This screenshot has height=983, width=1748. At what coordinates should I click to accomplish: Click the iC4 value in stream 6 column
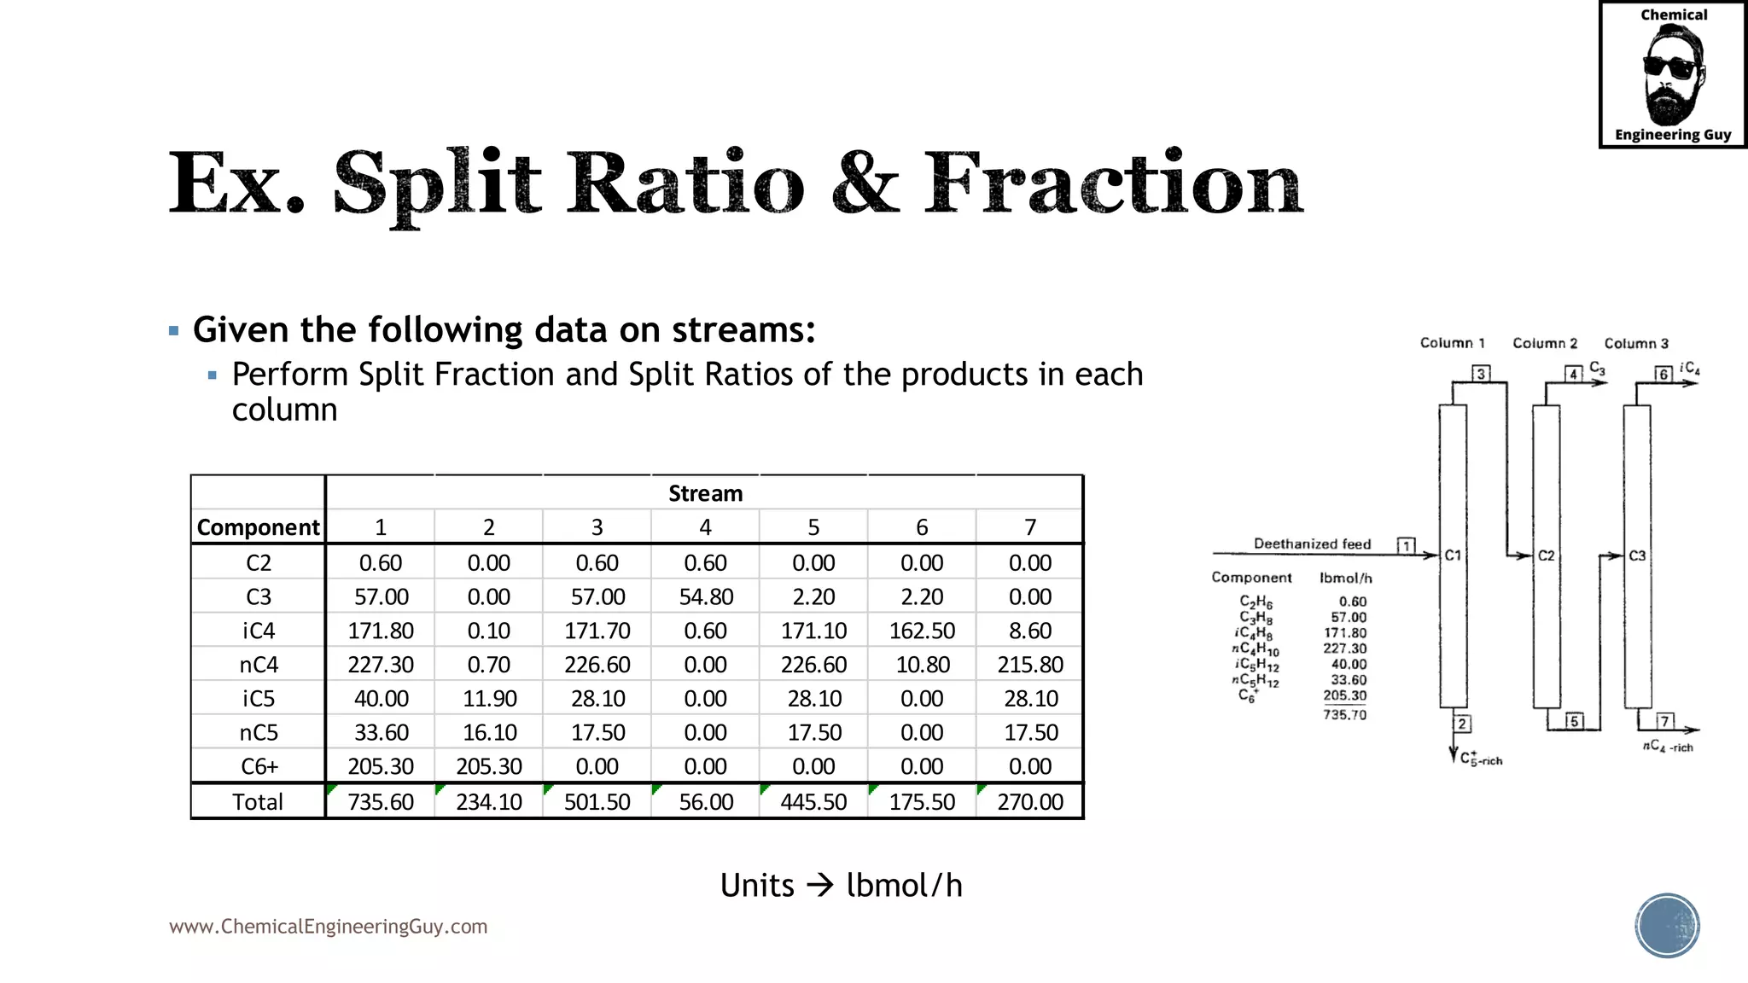coord(922,631)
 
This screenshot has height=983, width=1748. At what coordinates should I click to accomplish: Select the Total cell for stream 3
coord(597,802)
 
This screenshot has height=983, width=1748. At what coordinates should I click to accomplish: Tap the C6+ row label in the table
coord(259,766)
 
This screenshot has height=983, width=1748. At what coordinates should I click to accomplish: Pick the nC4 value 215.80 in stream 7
coord(1030,665)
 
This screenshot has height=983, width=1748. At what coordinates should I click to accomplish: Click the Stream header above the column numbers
coord(705,493)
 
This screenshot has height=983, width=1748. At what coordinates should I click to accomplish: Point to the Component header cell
coord(258,527)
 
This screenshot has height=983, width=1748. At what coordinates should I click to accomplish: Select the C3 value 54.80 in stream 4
coord(706,596)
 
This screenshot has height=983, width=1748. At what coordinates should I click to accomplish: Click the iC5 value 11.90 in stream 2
coord(489,699)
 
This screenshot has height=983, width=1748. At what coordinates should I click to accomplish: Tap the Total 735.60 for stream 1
coord(381,802)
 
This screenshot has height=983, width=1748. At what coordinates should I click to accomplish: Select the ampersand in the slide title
coord(864,183)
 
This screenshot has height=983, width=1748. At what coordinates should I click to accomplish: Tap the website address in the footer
coord(328,927)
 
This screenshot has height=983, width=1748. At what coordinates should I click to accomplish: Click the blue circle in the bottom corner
coord(1667,925)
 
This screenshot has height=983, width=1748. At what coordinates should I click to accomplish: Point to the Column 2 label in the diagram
coord(1545,343)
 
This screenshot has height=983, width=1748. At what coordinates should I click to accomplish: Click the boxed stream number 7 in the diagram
coord(1664,721)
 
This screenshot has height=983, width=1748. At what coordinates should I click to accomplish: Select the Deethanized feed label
coord(1312,544)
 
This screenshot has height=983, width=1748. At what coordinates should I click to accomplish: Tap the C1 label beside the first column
coord(1453,555)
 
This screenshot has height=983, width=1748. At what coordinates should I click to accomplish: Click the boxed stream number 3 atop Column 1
coord(1481,374)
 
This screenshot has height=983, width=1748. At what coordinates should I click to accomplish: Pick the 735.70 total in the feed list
coord(1344,715)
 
